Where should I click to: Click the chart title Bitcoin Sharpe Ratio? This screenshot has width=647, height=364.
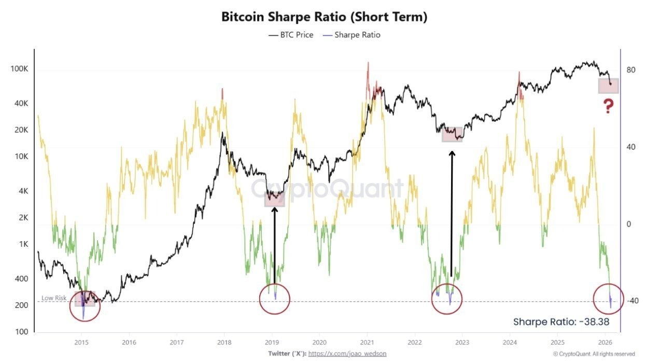pos(324,17)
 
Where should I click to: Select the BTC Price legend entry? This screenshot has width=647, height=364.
pos(291,35)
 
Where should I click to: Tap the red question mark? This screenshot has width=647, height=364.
pos(608,106)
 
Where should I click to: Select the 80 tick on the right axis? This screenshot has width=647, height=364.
pos(631,70)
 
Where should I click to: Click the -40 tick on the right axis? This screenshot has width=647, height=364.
pos(631,301)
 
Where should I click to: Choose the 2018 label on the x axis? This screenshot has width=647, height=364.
pos(224,342)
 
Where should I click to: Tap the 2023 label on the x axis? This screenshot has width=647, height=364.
pos(462,342)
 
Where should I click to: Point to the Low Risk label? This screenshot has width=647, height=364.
pos(54,299)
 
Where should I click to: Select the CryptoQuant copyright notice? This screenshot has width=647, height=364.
pos(594,354)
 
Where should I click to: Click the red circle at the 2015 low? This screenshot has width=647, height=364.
pos(85,305)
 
